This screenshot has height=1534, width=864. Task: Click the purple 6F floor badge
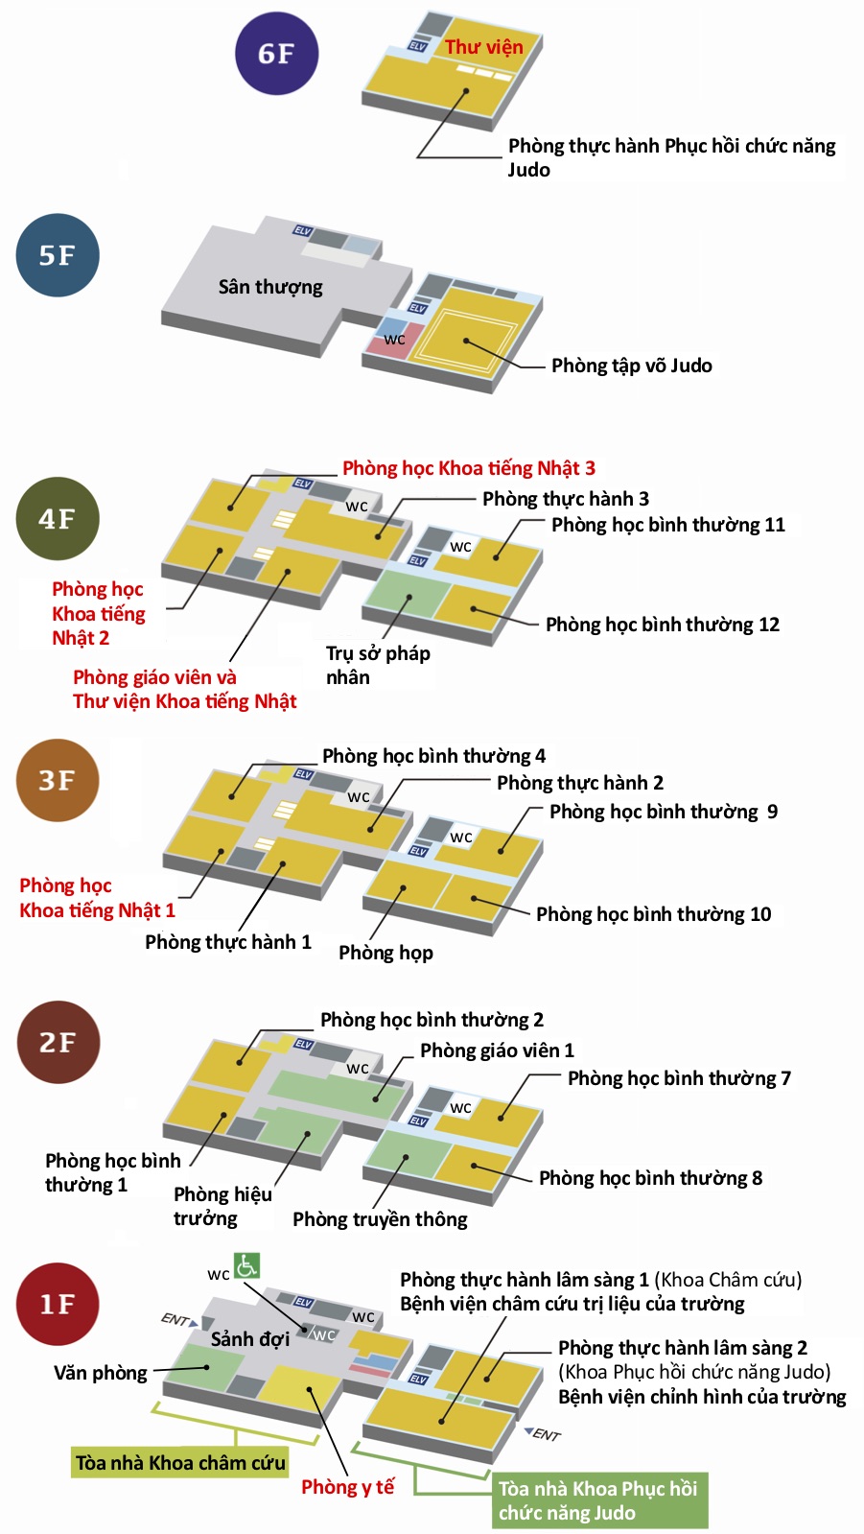[276, 54]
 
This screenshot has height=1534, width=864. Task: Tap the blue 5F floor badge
[58, 255]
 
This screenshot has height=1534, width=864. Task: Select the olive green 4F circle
[58, 518]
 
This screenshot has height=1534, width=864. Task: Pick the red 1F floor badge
[58, 1305]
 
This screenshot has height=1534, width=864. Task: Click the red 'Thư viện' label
[484, 47]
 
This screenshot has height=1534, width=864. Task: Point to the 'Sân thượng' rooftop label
[270, 287]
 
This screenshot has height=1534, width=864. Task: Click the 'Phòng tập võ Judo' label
[632, 366]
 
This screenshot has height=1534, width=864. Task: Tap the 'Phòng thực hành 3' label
[566, 499]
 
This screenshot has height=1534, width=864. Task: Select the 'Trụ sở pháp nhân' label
[378, 665]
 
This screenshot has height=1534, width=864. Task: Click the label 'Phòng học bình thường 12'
[663, 625]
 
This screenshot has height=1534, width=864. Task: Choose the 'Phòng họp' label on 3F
[386, 953]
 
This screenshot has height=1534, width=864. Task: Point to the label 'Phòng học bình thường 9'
[664, 812]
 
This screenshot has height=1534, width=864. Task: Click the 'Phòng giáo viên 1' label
[497, 1050]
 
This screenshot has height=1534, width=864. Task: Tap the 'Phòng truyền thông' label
[380, 1219]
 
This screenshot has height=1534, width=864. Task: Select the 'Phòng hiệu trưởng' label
[222, 1207]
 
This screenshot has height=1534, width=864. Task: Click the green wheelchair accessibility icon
[246, 1266]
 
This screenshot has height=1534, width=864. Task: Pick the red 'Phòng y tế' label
[348, 1487]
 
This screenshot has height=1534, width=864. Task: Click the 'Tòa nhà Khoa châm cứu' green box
[180, 1462]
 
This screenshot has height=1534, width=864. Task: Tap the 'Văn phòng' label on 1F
[101, 1373]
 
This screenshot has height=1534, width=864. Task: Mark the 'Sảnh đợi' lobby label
[250, 1339]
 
